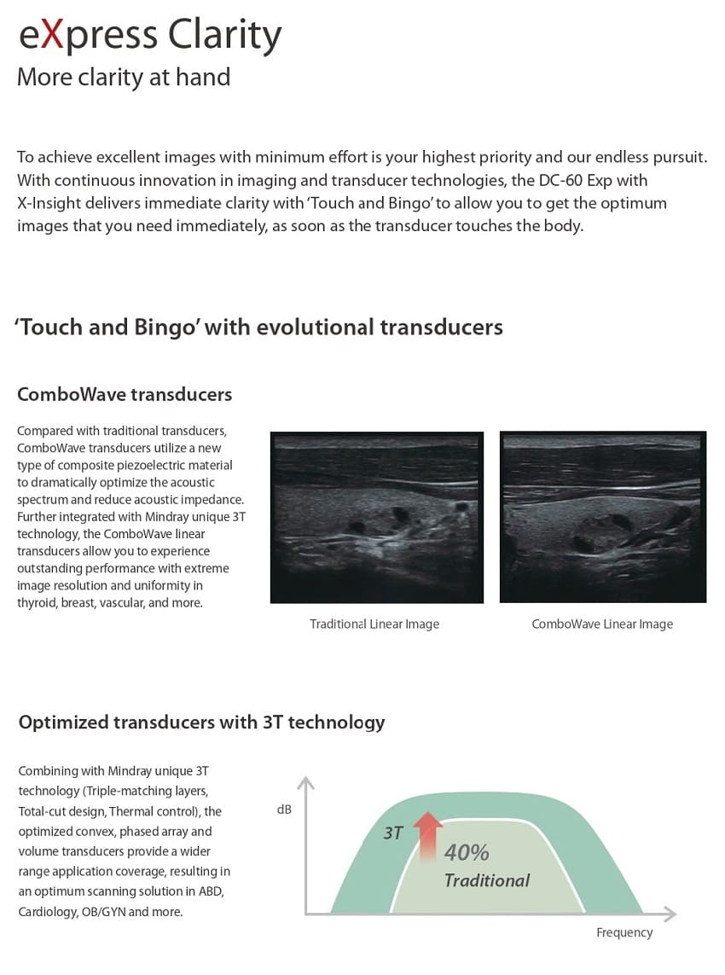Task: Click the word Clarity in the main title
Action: [224, 36]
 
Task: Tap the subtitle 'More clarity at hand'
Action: [124, 78]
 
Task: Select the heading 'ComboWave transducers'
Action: [125, 394]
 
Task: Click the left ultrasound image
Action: [376, 517]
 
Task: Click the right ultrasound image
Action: [602, 517]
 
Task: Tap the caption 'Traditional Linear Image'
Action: [374, 624]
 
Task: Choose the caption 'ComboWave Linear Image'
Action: [602, 624]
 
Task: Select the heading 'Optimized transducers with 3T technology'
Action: [201, 723]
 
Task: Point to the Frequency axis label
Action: [624, 932]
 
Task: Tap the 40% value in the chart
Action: [467, 852]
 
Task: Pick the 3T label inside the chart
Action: [392, 833]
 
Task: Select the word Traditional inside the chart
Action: [487, 880]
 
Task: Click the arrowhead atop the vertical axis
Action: [306, 784]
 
